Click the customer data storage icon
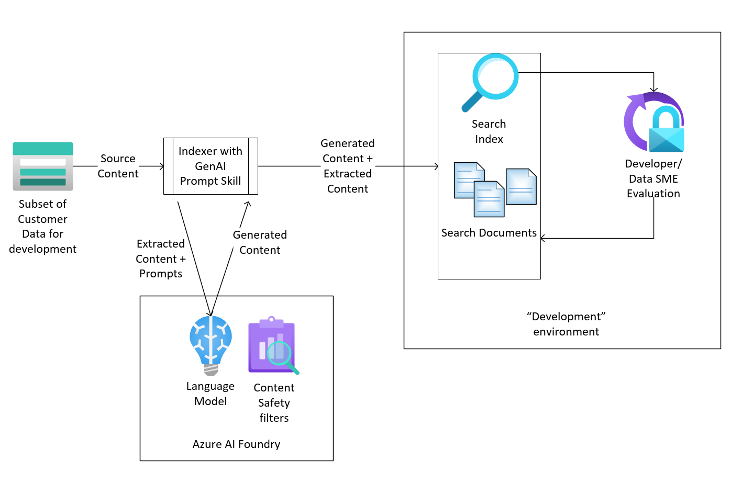pyautogui.click(x=43, y=166)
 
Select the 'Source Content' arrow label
pyautogui.click(x=118, y=166)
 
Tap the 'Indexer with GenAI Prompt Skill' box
pyautogui.click(x=211, y=166)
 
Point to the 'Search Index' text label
pyautogui.click(x=489, y=131)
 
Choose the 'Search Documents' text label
pyautogui.click(x=489, y=233)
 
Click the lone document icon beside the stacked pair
pyautogui.click(x=521, y=186)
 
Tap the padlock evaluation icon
pyautogui.click(x=654, y=122)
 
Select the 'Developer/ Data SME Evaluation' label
pyautogui.click(x=654, y=178)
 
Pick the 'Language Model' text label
pyautogui.click(x=211, y=394)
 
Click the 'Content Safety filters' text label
pyautogui.click(x=274, y=402)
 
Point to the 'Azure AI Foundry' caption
pyautogui.click(x=236, y=444)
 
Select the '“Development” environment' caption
pyautogui.click(x=566, y=324)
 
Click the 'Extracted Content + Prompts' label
pyautogui.click(x=161, y=259)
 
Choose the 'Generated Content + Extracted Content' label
pyautogui.click(x=348, y=166)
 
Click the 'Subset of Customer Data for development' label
pyautogui.click(x=42, y=226)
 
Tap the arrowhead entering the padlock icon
pyautogui.click(x=654, y=89)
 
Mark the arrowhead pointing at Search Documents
pyautogui.click(x=543, y=239)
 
